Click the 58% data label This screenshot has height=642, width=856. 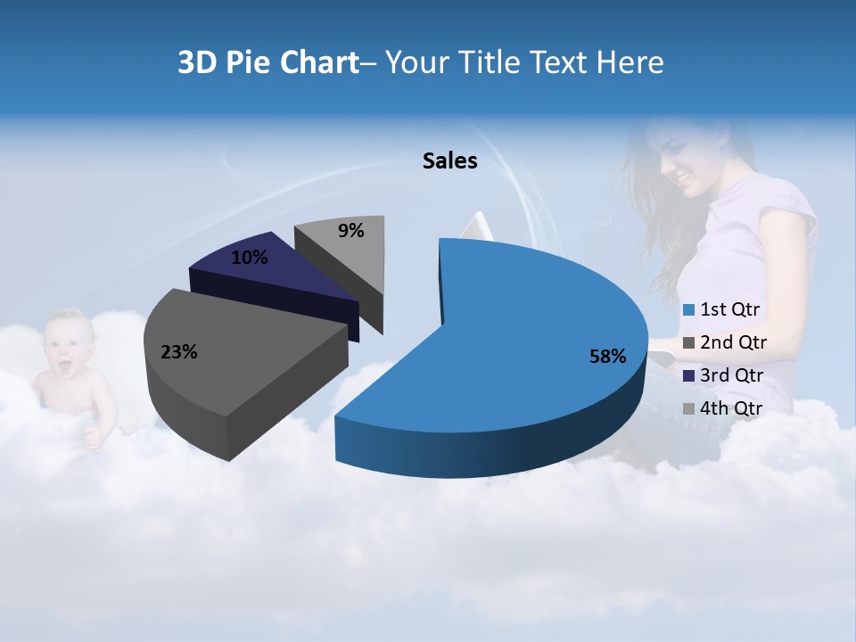(x=608, y=357)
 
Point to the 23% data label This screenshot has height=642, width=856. (x=178, y=352)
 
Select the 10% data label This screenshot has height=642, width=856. (x=249, y=258)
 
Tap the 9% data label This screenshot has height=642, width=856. (x=351, y=231)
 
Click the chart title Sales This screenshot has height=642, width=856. (x=449, y=160)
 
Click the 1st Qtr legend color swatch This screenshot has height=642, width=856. (x=688, y=310)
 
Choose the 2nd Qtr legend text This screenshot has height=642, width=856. (x=733, y=342)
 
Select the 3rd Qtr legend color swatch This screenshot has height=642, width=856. (x=688, y=375)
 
